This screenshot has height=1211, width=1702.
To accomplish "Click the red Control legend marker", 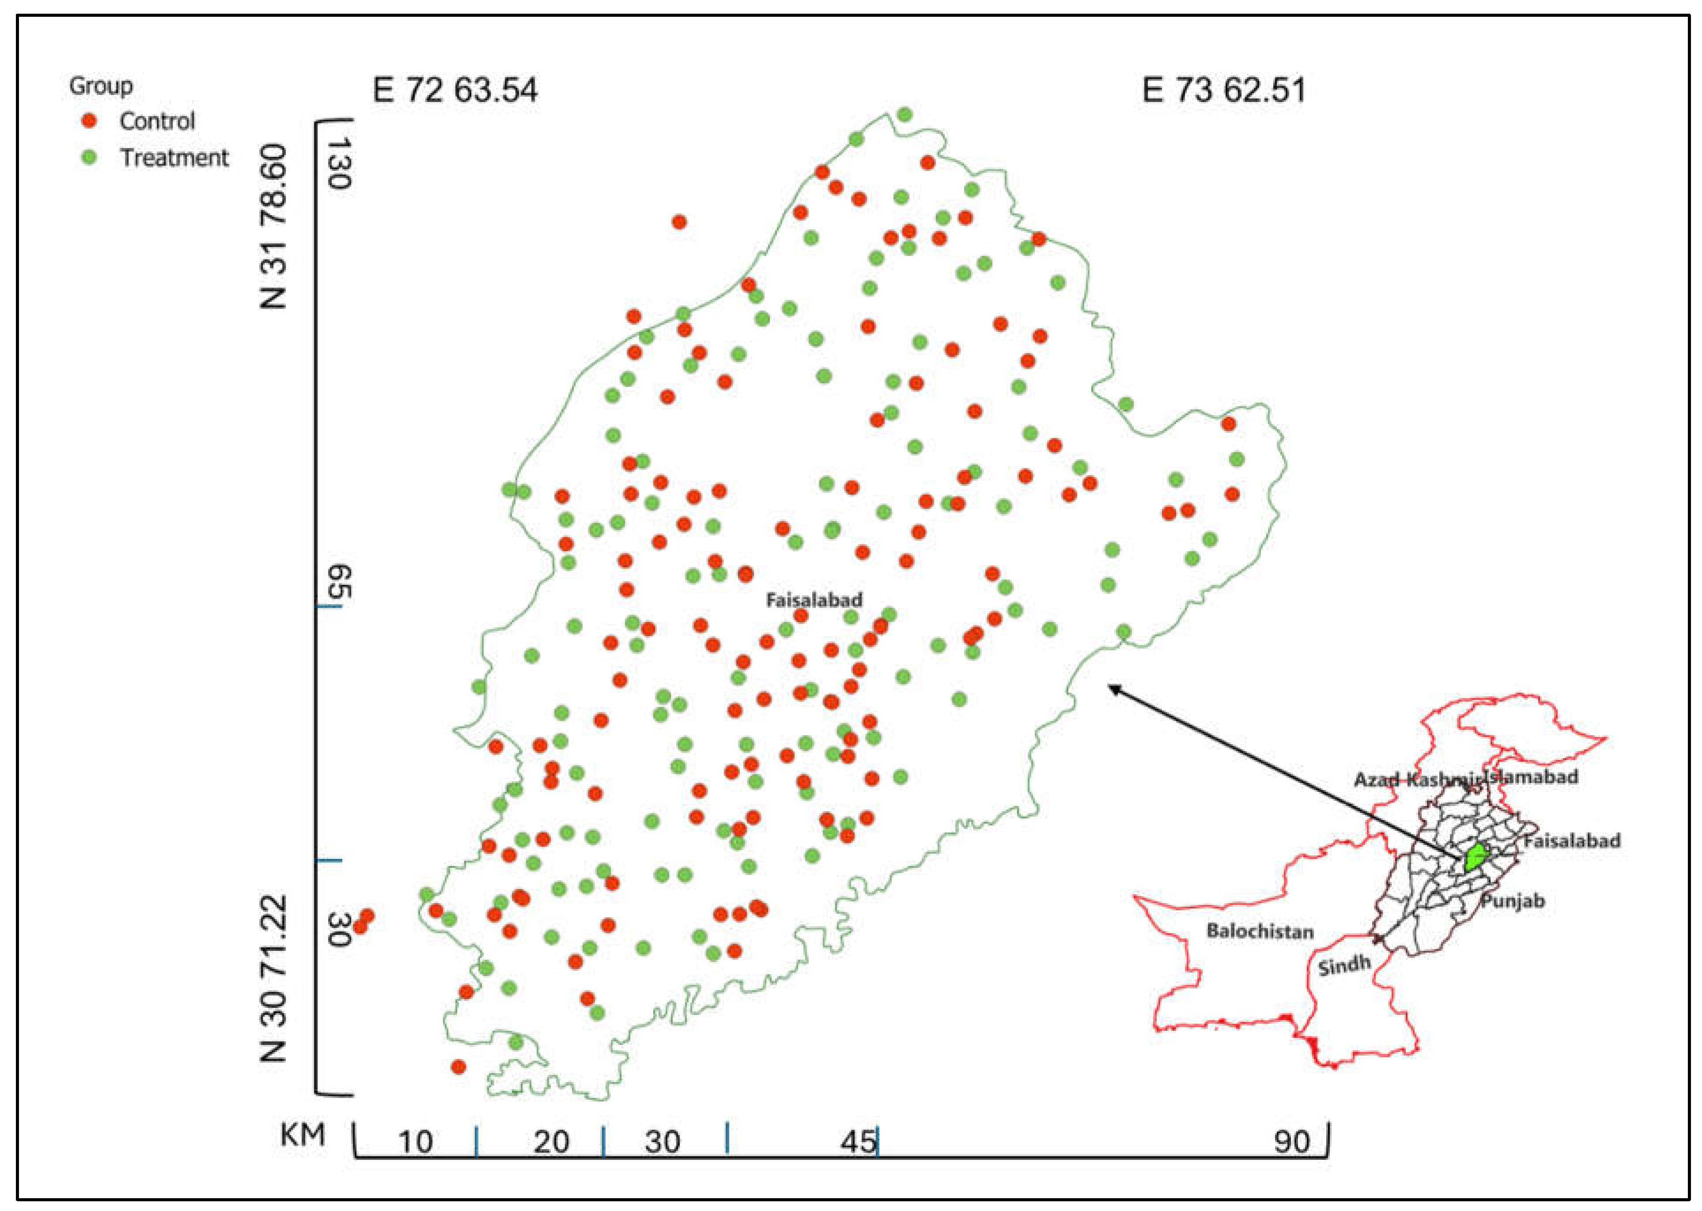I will pos(90,120).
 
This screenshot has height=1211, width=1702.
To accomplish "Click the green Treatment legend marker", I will pos(90,157).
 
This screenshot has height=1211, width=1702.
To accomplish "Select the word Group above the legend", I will pos(101,86).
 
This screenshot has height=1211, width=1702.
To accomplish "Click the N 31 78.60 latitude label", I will pos(274,227).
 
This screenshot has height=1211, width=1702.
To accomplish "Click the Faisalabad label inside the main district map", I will pos(814,599).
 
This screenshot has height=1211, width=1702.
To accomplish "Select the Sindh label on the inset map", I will pos(1344,966).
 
